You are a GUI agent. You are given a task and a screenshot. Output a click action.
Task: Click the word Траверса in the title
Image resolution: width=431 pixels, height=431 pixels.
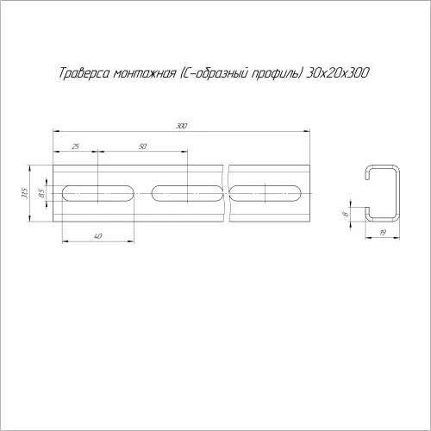84,73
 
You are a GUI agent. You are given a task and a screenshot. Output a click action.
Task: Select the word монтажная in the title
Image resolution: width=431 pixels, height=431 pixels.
144,73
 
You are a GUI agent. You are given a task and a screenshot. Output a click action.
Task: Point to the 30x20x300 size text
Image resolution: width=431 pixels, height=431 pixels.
337,73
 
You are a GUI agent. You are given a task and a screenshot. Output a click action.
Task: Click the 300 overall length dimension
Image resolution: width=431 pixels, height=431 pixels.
182,126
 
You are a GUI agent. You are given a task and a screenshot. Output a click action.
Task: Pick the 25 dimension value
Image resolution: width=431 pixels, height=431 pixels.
75,147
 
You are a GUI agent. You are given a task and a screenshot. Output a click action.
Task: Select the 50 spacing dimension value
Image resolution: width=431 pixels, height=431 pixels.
142,147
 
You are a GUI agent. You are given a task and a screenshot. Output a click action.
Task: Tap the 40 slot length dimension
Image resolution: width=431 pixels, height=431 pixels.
97,236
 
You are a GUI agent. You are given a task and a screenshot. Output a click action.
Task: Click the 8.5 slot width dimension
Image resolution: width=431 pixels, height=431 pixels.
41,193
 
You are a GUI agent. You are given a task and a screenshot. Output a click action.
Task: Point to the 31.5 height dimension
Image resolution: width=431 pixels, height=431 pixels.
24,193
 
